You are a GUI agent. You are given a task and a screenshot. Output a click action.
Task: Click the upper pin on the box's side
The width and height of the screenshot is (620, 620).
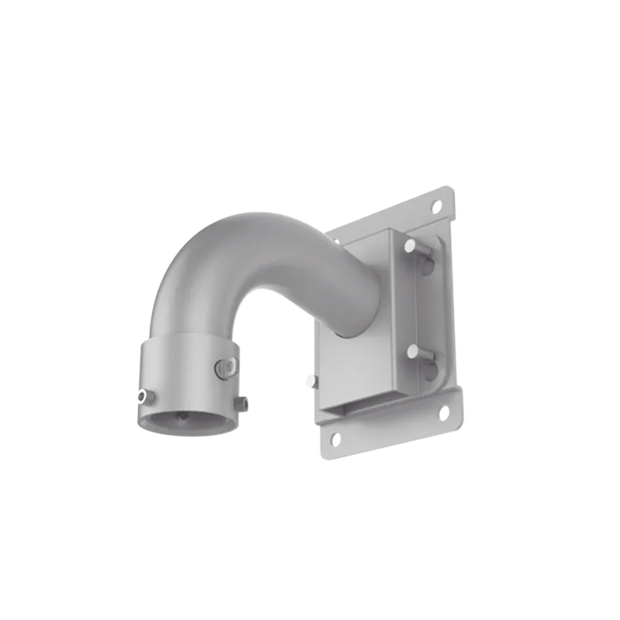410,246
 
